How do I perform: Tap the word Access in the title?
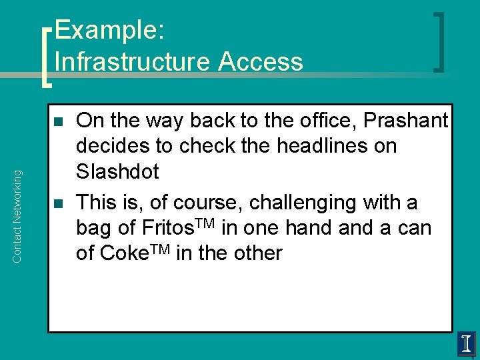(261, 61)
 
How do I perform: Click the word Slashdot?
(118, 172)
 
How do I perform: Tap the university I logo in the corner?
(466, 344)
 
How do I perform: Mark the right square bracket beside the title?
(439, 41)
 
